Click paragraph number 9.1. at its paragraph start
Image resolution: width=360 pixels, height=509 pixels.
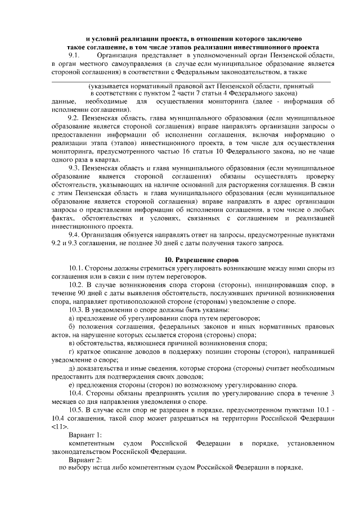pos(75,56)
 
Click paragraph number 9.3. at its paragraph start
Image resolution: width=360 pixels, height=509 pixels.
pos(74,168)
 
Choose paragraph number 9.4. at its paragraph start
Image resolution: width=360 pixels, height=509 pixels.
pos(74,235)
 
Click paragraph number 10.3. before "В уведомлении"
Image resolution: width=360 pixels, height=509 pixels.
pos(76,310)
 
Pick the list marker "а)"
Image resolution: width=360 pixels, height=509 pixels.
pos(71,318)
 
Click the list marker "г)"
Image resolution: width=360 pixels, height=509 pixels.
pos(70,352)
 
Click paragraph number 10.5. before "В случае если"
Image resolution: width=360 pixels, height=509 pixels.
pos(76,410)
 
